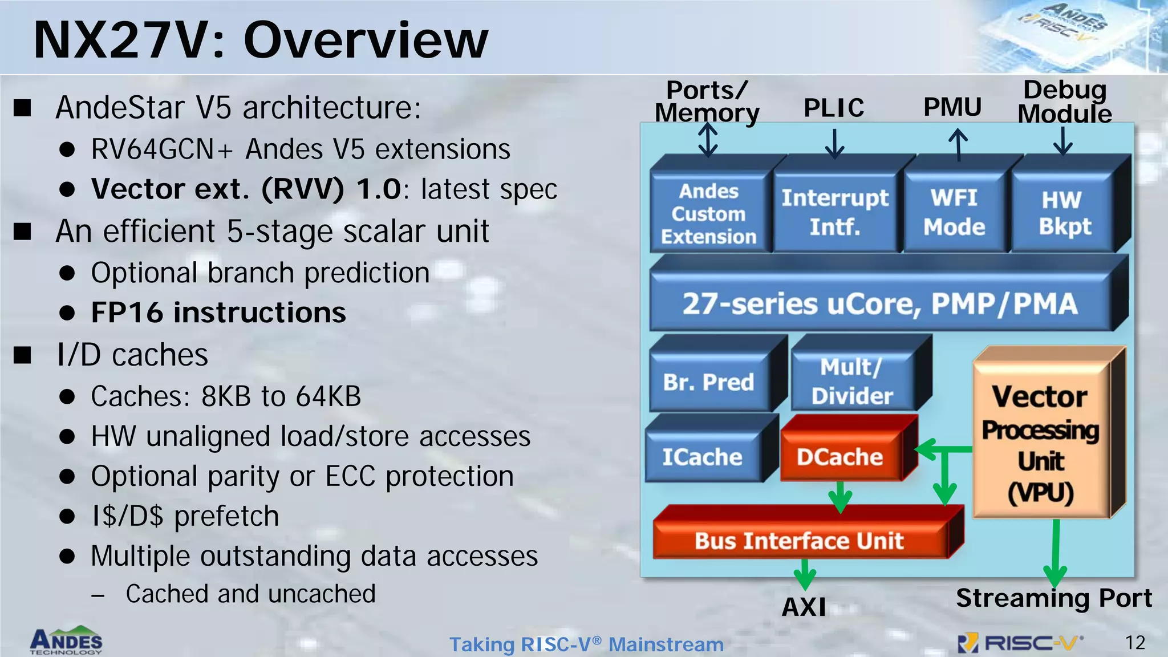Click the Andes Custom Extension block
pos(708,213)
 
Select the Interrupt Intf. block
pos(834,212)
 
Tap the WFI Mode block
pos(954,212)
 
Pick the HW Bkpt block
pos(1064,213)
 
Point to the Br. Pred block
pos(708,382)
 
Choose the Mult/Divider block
pos(852,381)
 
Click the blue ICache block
pos(702,457)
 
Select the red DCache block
pos(839,457)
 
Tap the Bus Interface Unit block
pos(799,540)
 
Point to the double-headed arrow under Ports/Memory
pos(708,140)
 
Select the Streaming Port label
pos(1054,598)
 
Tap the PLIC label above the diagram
pos(834,108)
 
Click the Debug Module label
pos(1064,102)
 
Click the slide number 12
pos(1135,643)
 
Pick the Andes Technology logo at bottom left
pos(66,640)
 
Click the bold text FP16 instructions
pos(218,313)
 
